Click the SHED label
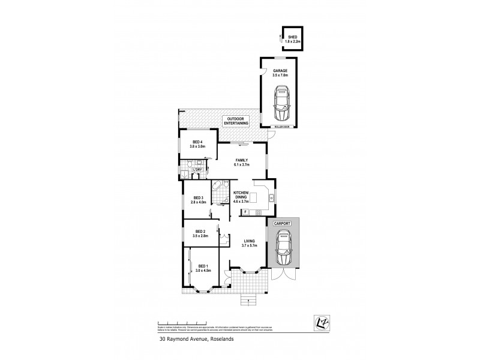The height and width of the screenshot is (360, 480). coord(292,38)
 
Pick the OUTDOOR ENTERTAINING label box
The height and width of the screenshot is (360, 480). coord(236,120)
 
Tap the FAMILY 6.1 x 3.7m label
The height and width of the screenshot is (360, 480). coord(241,161)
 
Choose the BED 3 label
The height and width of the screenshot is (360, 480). coord(199,200)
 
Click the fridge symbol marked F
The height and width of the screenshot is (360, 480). coord(245,212)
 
